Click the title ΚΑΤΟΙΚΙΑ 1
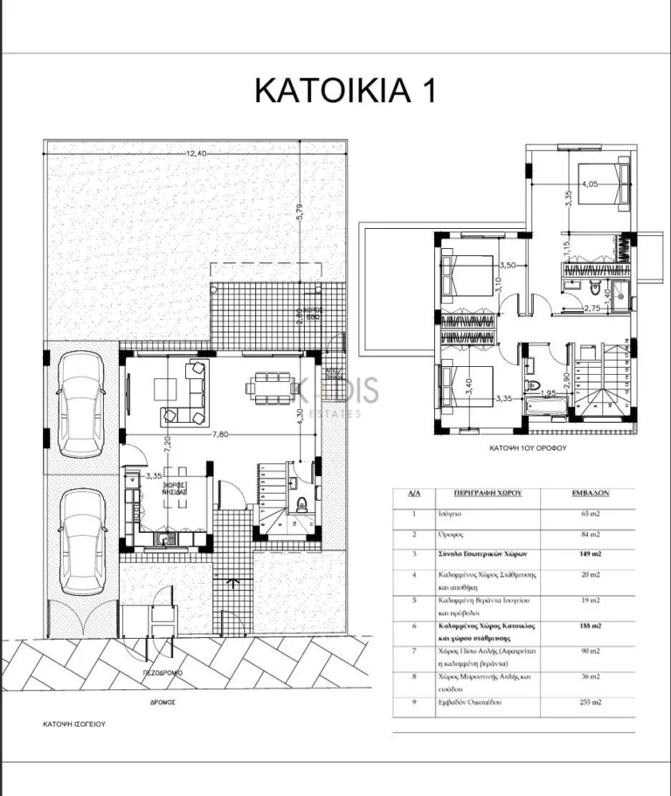click(x=344, y=90)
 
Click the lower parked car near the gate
click(x=82, y=541)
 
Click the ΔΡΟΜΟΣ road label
click(x=163, y=701)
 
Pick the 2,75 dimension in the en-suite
click(x=591, y=308)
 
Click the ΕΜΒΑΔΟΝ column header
click(x=588, y=493)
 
